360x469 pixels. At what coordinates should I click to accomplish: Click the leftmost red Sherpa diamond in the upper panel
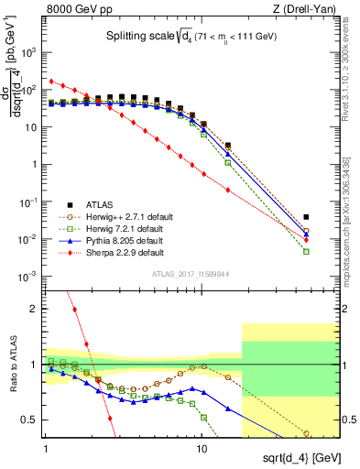tap(52, 81)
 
